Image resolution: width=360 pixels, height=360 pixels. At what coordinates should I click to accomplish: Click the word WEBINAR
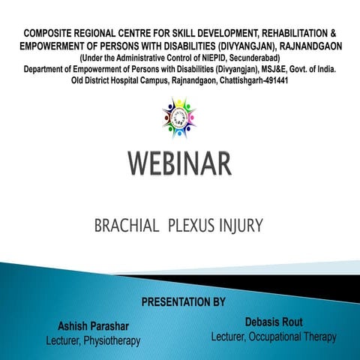click(x=179, y=164)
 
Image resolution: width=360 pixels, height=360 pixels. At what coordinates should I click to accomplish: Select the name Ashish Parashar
click(x=93, y=326)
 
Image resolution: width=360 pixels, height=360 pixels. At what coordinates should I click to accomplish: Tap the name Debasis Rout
click(x=274, y=322)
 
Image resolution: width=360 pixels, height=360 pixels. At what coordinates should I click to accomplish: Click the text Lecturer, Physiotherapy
click(x=93, y=341)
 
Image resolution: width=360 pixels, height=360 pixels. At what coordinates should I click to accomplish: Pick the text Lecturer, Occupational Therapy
click(x=274, y=337)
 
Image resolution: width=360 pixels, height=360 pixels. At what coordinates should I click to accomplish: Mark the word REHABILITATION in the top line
click(x=283, y=34)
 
